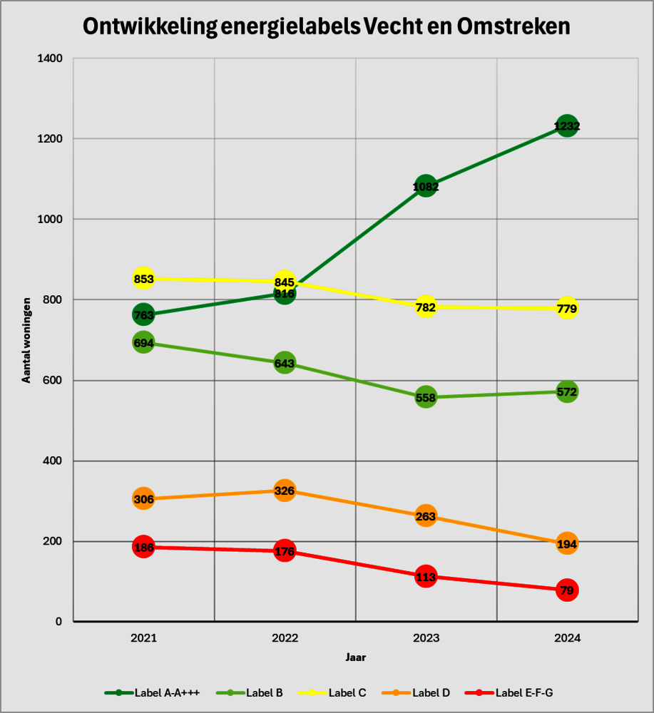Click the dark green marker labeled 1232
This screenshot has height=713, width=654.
tap(567, 126)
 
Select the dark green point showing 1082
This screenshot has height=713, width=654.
tap(426, 186)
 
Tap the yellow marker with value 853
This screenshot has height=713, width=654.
tap(143, 278)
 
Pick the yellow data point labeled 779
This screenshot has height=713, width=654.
tap(567, 308)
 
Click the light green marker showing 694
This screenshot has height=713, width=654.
tap(143, 342)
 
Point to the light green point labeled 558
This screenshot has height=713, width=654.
tap(426, 397)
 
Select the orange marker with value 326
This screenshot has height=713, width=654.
tap(285, 491)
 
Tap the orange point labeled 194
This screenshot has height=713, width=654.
tap(567, 544)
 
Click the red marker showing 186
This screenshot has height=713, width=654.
tap(143, 547)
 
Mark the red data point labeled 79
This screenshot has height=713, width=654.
tap(567, 590)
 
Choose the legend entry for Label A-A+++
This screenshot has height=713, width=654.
tap(152, 693)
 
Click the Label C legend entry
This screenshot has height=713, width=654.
tap(332, 693)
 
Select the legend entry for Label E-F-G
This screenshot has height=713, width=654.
tap(509, 693)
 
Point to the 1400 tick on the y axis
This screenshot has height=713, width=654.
tap(50, 58)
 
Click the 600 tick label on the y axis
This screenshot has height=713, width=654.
tap(53, 380)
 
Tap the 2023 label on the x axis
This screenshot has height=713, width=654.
tap(426, 638)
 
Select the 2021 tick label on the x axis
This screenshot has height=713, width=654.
tap(144, 638)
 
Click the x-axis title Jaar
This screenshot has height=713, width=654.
tap(356, 657)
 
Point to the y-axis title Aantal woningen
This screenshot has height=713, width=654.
tap(26, 340)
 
